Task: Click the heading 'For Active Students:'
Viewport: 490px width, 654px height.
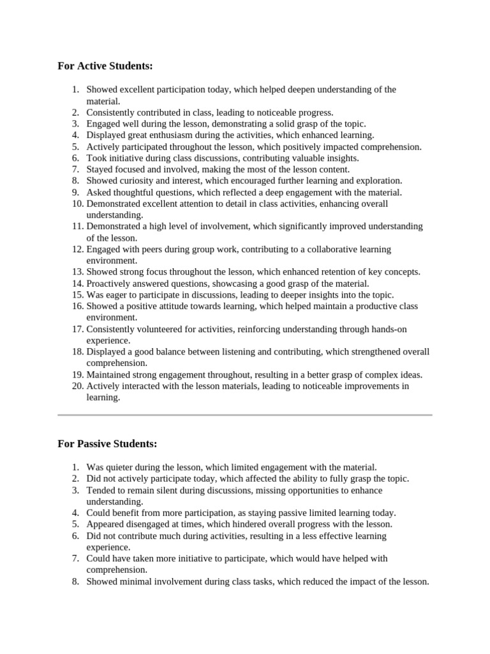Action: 105,66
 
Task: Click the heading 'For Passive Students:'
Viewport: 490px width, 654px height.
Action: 107,444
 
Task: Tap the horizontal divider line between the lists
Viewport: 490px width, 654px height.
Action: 245,415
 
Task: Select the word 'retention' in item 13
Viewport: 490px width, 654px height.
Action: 315,272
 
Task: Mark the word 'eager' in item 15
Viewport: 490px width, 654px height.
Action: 114,295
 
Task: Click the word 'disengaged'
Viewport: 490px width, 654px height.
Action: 146,524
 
